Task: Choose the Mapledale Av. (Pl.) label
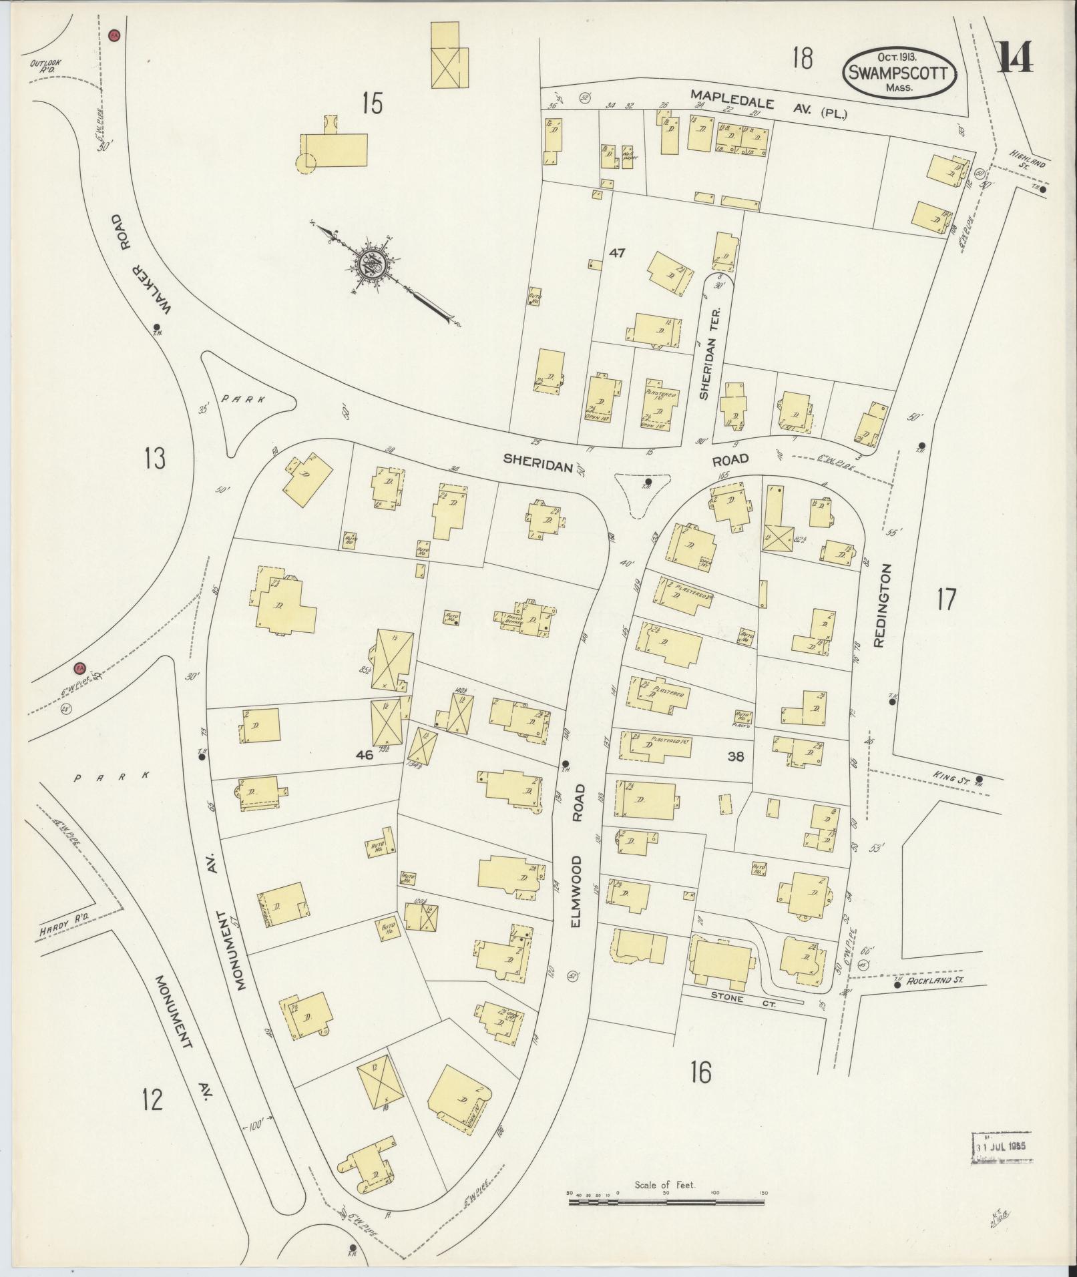tap(769, 107)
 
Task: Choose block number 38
tap(736, 757)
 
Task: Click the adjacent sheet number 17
tap(945, 599)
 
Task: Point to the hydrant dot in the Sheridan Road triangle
tap(647, 481)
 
